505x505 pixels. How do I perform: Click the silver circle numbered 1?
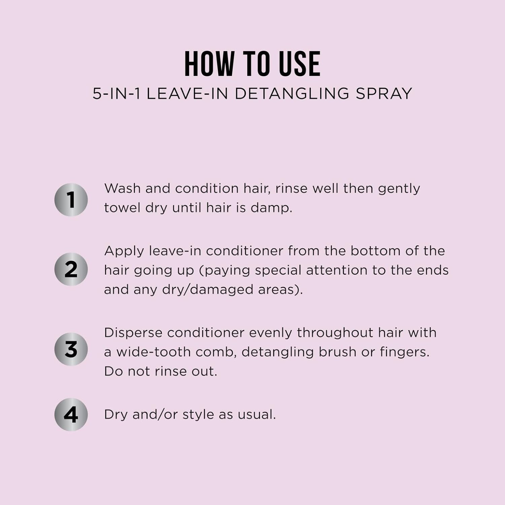point(71,200)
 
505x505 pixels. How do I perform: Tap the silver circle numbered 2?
point(71,269)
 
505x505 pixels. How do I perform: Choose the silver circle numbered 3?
point(71,349)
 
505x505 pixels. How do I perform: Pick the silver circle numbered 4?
point(71,414)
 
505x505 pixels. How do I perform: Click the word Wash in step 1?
point(122,188)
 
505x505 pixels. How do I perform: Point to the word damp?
point(271,208)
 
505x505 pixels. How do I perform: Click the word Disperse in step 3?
point(133,333)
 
